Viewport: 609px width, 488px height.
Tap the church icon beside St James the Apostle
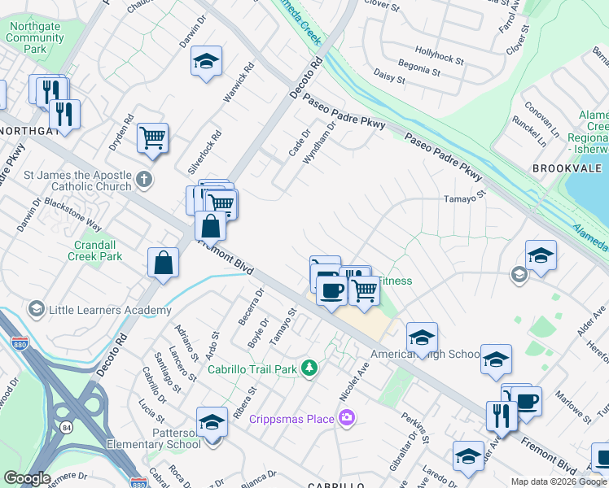(x=144, y=179)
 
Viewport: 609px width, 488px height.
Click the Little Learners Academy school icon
(x=36, y=309)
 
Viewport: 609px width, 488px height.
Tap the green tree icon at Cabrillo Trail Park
(x=309, y=368)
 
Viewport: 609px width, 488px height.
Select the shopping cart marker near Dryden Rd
(x=152, y=137)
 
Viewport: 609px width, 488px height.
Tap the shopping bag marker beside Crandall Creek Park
(x=163, y=263)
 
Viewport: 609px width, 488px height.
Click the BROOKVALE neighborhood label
(x=567, y=168)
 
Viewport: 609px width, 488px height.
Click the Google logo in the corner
(x=27, y=478)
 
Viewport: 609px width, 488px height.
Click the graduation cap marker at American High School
(x=422, y=338)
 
